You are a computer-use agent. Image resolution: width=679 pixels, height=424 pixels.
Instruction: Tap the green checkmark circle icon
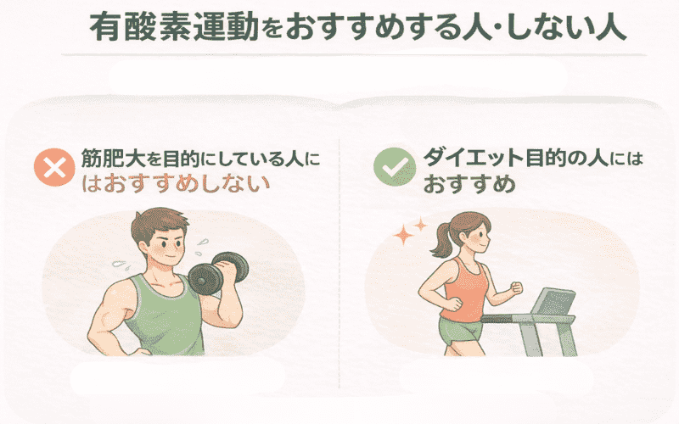pos(391,167)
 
